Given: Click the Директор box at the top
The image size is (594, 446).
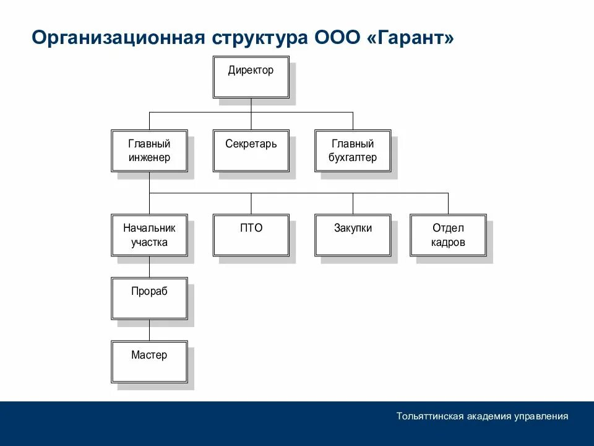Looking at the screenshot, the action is coord(251,77).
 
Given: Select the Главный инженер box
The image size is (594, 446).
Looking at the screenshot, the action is coord(149,151).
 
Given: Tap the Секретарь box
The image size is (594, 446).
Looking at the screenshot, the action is coord(251,151).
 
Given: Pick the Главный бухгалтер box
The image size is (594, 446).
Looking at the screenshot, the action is coord(353,151).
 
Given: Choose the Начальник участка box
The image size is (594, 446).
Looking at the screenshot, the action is coord(149,235).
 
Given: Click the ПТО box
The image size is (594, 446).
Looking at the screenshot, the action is coord(251,235).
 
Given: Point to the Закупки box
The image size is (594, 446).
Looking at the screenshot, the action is coord(353,235).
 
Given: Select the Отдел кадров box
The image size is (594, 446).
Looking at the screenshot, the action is coord(448,235).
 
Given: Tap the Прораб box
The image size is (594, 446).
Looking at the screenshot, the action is coord(149,299).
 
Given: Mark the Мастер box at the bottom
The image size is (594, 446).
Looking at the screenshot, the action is coord(149,362).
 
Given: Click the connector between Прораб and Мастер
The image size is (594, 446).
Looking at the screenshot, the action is coord(149,330).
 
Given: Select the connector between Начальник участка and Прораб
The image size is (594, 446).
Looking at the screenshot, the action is coord(149,267).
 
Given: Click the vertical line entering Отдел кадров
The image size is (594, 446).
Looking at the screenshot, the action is coord(448,203).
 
